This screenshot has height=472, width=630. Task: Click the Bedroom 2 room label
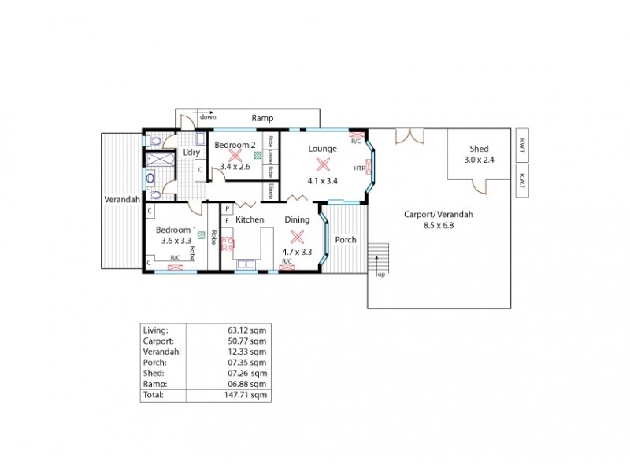235,145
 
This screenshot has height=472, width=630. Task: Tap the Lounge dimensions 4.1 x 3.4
322,180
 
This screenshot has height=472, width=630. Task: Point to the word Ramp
262,118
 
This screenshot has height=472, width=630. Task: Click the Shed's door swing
479,186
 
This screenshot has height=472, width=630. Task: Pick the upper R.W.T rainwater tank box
522,146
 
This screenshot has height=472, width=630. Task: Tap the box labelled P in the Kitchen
227,208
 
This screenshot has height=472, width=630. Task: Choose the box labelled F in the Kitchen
227,221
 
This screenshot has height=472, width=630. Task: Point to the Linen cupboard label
270,190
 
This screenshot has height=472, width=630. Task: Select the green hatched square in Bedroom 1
202,234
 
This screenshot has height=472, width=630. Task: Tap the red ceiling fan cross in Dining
297,237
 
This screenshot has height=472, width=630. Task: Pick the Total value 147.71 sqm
247,395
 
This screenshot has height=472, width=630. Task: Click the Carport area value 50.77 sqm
247,341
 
